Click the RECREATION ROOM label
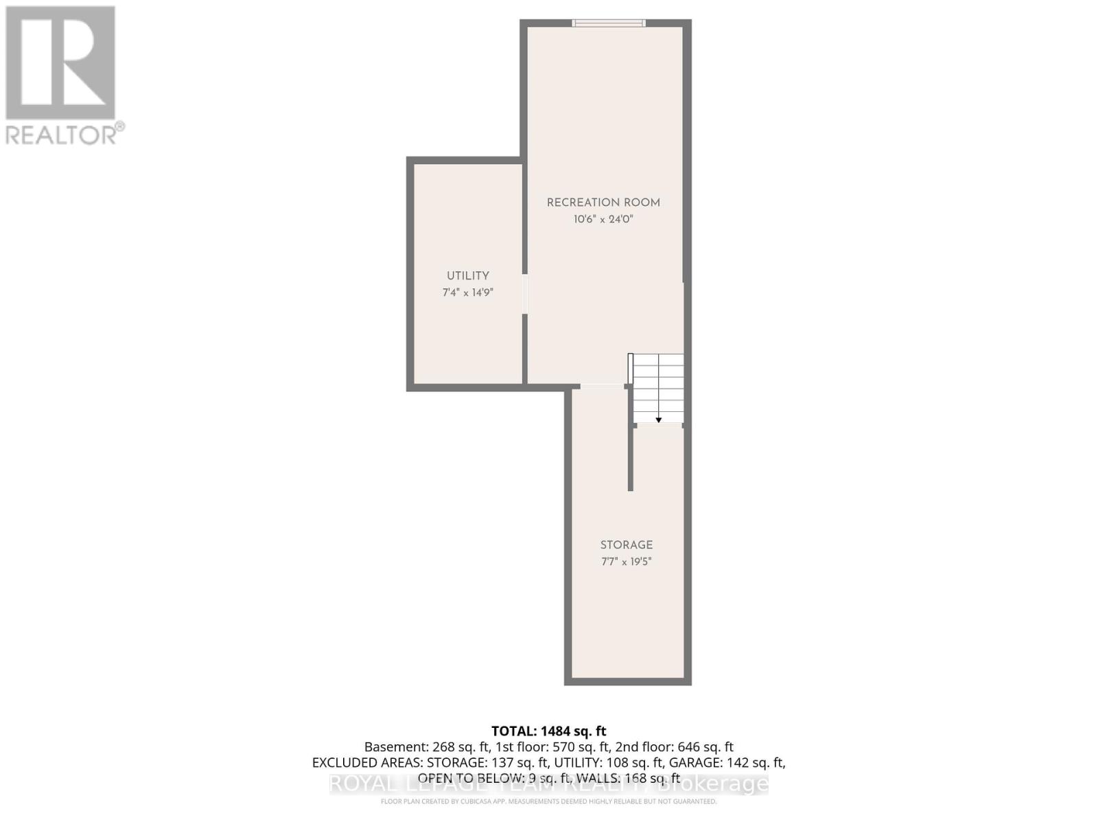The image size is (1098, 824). [603, 203]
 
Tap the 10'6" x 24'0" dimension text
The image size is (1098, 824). [603, 220]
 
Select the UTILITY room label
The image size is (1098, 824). [468, 275]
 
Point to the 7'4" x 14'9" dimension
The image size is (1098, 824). [468, 293]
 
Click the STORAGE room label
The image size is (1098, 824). [627, 545]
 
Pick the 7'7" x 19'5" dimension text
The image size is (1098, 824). [627, 562]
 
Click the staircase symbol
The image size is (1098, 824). [658, 387]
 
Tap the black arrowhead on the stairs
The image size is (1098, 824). [659, 420]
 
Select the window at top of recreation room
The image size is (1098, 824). [609, 23]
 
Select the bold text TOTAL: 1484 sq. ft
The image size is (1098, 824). [549, 731]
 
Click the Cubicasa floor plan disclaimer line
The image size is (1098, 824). [549, 801]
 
